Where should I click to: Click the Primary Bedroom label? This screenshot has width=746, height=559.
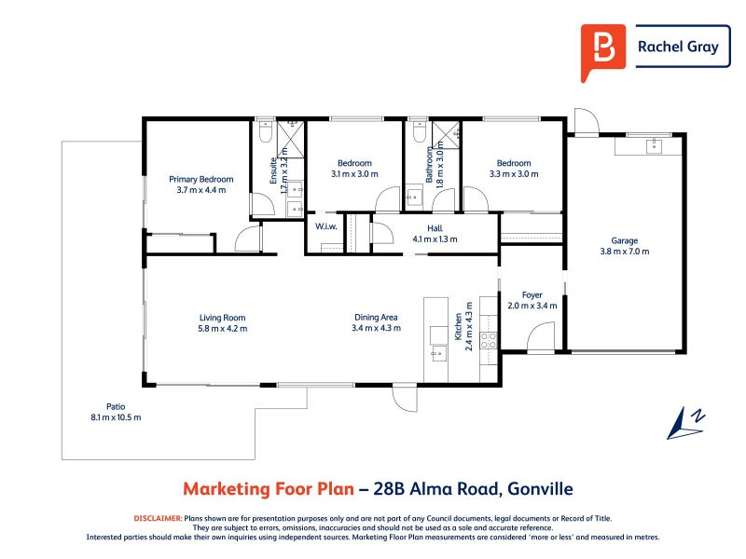(x=201, y=179)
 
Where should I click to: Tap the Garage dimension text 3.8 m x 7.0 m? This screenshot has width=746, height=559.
(x=624, y=252)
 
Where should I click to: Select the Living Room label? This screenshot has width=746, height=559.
(x=222, y=318)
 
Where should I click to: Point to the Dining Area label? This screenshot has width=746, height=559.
(x=376, y=317)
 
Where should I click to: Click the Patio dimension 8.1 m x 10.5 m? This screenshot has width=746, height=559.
(x=116, y=417)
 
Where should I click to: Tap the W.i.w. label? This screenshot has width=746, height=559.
(x=325, y=226)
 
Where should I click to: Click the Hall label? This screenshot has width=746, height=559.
(x=435, y=228)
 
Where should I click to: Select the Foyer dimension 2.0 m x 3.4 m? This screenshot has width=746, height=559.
(x=532, y=306)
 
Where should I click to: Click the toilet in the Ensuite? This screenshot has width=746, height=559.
(x=266, y=131)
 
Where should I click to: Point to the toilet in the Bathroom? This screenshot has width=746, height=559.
(x=419, y=131)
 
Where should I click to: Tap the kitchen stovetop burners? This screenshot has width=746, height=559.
(x=488, y=340)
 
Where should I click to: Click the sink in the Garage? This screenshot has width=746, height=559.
(x=655, y=146)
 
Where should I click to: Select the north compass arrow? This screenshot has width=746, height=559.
(x=685, y=424)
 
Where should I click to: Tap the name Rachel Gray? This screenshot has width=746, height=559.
(x=678, y=47)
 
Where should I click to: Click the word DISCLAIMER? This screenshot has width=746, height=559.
(x=158, y=518)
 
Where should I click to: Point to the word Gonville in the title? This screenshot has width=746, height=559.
(x=541, y=488)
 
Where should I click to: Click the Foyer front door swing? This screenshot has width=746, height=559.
(x=541, y=336)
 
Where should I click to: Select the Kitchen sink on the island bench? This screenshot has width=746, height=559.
(x=439, y=353)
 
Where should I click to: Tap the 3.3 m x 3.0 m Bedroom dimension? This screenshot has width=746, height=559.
(x=514, y=174)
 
